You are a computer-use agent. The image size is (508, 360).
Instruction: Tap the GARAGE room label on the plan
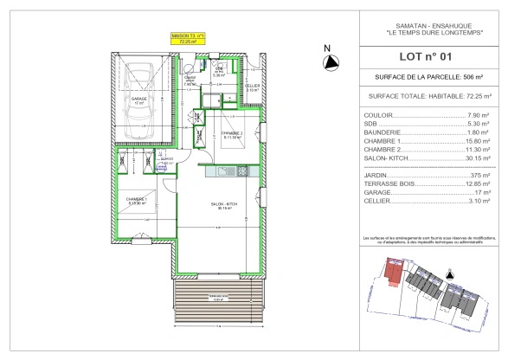click(138, 100)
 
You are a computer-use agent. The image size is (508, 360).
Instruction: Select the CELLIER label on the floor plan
click(252, 87)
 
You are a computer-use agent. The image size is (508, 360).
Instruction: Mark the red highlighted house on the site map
click(394, 276)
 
